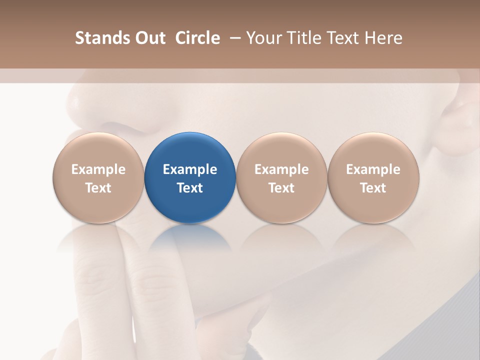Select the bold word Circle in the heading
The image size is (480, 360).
[197, 38]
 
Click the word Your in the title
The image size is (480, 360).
[262, 38]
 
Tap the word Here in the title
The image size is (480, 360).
[384, 38]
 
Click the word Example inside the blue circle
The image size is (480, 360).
[190, 169]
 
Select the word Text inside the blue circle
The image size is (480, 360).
[190, 188]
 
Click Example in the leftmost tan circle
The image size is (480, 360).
[98, 169]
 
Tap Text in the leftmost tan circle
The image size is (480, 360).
[98, 188]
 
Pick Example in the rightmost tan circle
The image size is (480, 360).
[373, 169]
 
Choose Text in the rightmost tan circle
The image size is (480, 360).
[373, 188]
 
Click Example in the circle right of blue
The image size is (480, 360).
[281, 169]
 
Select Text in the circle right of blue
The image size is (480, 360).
[281, 188]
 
